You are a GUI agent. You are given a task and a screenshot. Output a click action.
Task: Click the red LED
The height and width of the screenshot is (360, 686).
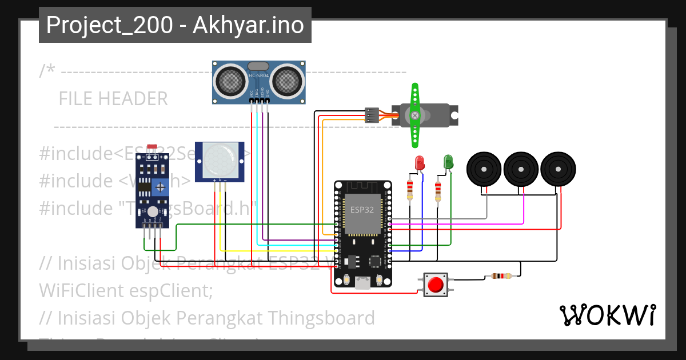[420, 163]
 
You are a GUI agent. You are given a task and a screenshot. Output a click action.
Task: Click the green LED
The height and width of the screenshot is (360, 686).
[448, 162]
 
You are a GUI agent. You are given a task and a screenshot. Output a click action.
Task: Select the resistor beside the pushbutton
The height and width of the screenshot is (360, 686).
[501, 277]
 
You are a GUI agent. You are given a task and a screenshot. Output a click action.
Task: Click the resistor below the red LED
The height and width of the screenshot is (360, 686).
[409, 190]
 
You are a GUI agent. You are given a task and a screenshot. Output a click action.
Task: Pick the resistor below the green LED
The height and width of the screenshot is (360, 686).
[438, 191]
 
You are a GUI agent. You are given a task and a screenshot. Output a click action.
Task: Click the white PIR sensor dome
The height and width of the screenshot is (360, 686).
[220, 161]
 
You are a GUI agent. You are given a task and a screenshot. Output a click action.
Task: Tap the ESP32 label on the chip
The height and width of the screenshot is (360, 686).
[362, 210]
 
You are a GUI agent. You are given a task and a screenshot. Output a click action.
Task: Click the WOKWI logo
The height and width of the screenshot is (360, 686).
[607, 315]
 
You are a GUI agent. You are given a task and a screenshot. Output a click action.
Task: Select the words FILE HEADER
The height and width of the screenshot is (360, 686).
[113, 99]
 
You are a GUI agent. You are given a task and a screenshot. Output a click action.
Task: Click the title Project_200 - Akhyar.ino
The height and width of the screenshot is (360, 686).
[175, 25]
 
